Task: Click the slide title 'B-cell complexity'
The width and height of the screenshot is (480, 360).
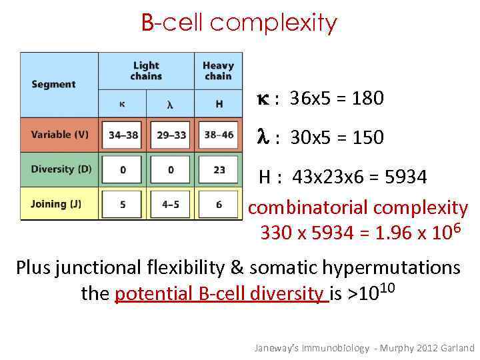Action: pyautogui.click(x=239, y=23)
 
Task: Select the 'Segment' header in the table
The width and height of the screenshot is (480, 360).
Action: pyautogui.click(x=53, y=85)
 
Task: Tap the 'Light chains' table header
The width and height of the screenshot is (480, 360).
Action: pyautogui.click(x=146, y=71)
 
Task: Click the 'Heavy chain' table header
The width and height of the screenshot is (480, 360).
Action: pyautogui.click(x=218, y=71)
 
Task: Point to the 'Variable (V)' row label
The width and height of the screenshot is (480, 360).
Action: pyautogui.click(x=59, y=135)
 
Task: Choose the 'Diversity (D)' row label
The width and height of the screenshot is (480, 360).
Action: pyautogui.click(x=61, y=169)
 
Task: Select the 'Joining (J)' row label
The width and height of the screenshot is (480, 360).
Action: pyautogui.click(x=56, y=204)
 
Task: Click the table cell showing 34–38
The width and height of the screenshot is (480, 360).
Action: pyautogui.click(x=123, y=135)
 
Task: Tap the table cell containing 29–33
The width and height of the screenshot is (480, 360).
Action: pyautogui.click(x=171, y=135)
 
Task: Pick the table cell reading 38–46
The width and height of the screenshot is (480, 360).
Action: pyautogui.click(x=219, y=135)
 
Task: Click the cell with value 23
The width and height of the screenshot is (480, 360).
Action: pyautogui.click(x=219, y=169)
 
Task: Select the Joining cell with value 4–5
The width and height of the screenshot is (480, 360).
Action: pyautogui.click(x=171, y=204)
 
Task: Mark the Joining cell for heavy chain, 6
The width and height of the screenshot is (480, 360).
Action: pyautogui.click(x=219, y=204)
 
